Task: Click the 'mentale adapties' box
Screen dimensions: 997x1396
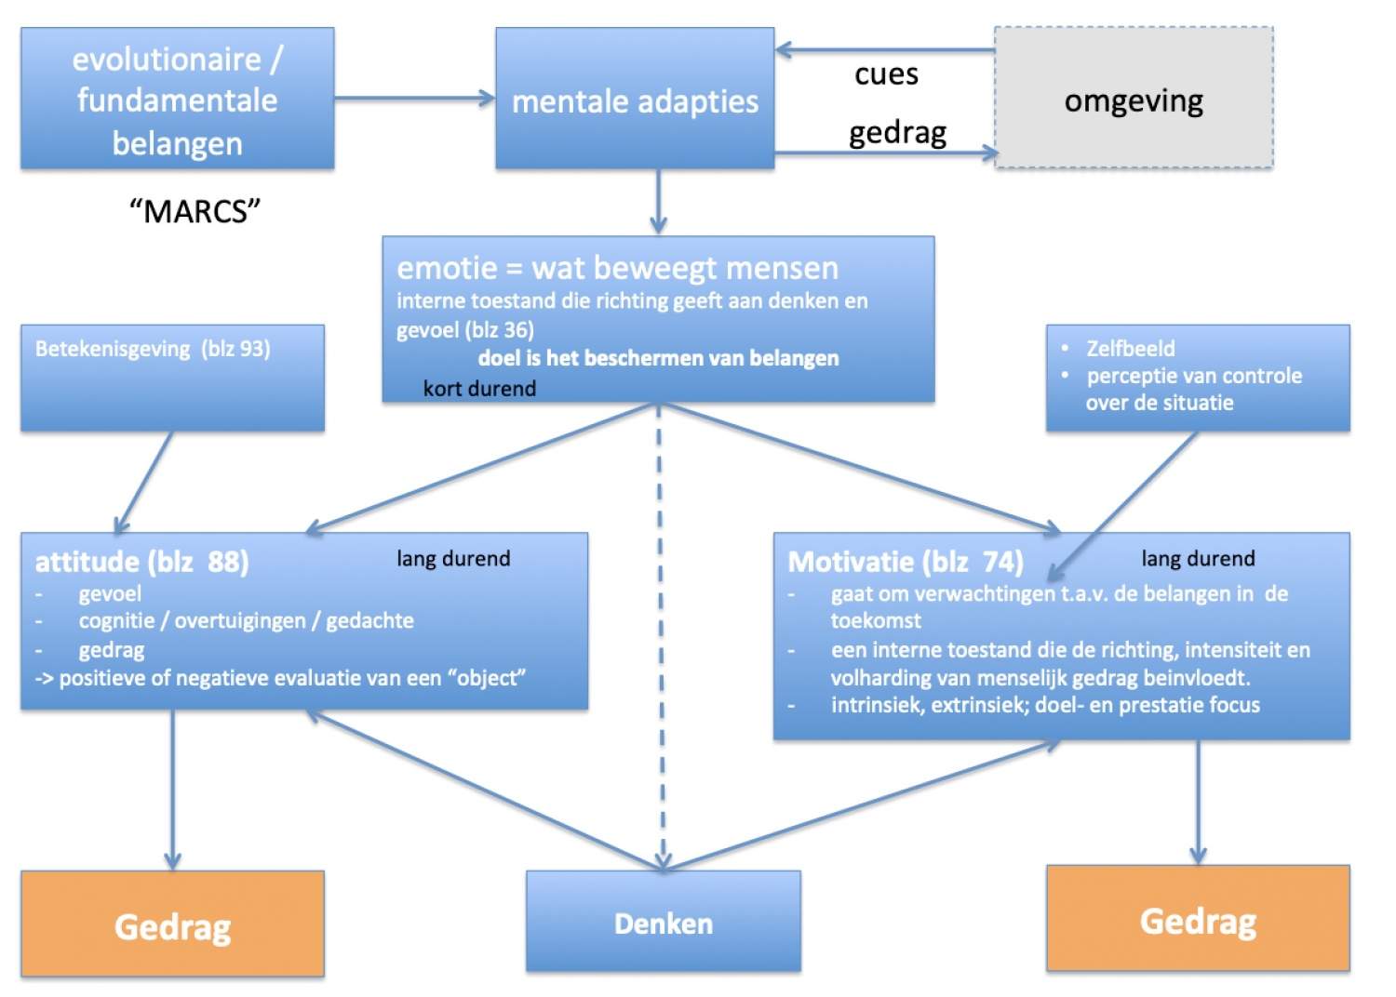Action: pos(635,99)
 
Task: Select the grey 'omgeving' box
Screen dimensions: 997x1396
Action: pos(1134,99)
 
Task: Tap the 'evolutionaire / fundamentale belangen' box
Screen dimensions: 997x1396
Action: pos(177,99)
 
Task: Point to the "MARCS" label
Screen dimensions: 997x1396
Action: pos(195,211)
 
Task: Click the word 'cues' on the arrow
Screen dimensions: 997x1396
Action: pos(886,73)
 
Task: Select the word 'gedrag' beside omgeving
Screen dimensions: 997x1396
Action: pos(897,132)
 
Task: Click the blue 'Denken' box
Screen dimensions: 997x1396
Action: pos(663,923)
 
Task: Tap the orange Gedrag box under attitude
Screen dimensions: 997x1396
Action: pos(172,925)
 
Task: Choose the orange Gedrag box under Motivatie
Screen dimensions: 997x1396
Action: pos(1198,920)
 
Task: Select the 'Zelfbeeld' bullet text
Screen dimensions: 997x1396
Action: pos(1130,349)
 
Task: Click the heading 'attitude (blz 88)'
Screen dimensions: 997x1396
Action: pos(141,562)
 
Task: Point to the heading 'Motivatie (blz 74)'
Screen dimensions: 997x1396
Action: pos(906,562)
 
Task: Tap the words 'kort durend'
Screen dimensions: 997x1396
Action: pos(479,389)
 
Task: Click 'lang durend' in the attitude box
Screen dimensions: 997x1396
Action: pos(453,559)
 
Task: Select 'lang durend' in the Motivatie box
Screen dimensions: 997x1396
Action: pos(1198,559)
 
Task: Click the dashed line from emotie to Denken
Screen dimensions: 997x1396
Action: pos(660,632)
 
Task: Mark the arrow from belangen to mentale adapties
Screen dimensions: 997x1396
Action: pos(414,98)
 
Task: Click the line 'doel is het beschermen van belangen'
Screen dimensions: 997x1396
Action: pos(658,358)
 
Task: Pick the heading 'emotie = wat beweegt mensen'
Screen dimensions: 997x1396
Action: pos(617,268)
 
